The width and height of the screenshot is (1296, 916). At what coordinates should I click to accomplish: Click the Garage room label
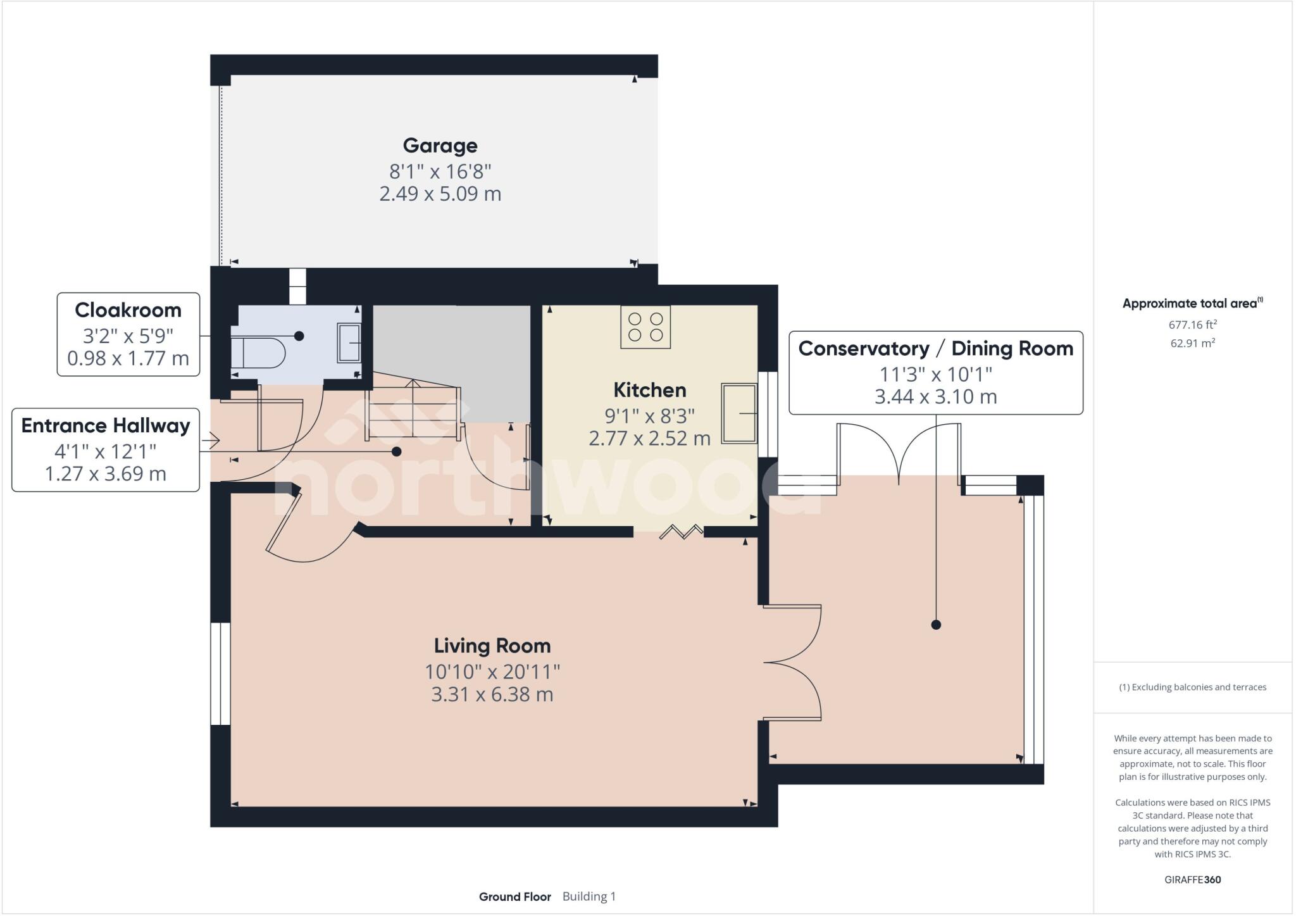pos(440,146)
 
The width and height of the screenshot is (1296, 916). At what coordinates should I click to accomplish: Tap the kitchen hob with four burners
pos(645,327)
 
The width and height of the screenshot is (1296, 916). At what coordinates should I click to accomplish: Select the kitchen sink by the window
pos(739,413)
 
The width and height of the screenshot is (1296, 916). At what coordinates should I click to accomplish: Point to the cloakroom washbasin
pos(349,342)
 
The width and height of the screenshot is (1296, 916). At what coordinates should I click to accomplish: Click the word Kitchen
pos(649,390)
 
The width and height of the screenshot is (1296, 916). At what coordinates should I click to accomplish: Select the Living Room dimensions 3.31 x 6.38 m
pos(492,694)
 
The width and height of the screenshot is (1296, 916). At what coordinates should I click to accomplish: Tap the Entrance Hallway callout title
pos(106,425)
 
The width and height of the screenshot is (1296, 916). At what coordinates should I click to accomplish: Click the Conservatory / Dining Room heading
pos(935,349)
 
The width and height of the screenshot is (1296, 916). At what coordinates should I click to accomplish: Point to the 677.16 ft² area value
pos(1192,325)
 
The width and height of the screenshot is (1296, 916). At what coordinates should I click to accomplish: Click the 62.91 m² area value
pos(1192,343)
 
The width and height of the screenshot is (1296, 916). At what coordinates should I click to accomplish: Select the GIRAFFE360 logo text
pos(1192,879)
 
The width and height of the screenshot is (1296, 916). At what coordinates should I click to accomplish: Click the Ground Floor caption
pos(514,896)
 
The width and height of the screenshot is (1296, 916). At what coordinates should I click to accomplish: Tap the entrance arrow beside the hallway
pos(211,439)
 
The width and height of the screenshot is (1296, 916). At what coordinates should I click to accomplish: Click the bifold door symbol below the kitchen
pos(681,531)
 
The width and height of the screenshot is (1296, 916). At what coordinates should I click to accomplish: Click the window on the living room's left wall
pos(220,673)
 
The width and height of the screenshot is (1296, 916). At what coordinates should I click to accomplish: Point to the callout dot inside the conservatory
pos(936,625)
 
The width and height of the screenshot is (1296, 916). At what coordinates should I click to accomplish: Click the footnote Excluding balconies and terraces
pos(1192,687)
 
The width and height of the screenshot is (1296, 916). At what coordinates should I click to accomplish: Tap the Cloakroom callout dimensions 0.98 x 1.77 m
pos(128,359)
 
